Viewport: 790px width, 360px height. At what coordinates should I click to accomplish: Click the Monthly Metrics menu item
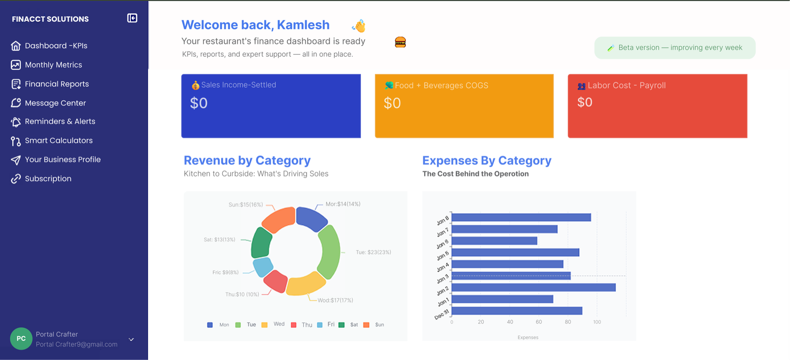point(53,65)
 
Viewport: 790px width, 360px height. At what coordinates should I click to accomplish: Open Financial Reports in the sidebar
point(57,84)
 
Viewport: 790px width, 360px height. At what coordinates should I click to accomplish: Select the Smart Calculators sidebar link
point(58,141)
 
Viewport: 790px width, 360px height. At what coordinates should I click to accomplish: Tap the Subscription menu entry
point(48,179)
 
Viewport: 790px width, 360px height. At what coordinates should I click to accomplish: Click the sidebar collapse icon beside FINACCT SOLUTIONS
point(132,18)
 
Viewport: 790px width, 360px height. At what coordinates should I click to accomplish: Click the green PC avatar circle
point(21,339)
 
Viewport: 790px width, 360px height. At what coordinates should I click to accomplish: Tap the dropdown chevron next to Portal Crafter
point(131,339)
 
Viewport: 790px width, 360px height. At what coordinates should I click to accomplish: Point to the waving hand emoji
point(359,26)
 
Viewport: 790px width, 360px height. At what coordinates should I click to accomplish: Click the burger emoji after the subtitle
point(400,42)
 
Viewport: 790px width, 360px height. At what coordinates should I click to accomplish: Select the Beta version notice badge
point(674,48)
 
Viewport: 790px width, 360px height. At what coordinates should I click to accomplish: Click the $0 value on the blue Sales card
point(199,103)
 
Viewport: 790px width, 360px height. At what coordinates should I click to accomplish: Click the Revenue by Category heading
point(247,160)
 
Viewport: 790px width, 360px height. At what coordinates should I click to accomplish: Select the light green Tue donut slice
point(329,251)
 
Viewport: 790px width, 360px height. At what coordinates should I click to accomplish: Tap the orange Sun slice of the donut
point(278,219)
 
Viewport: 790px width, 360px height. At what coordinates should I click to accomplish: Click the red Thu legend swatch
point(294,325)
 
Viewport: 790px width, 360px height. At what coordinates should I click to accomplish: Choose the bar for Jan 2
point(533,287)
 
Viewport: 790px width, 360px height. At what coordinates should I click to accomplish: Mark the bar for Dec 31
point(517,311)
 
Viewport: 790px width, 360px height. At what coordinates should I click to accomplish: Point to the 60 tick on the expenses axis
point(539,322)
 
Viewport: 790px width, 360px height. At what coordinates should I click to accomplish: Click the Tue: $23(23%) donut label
point(373,252)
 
